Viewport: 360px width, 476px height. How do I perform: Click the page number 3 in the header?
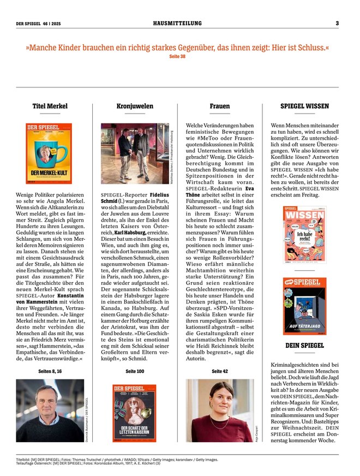tap(337, 23)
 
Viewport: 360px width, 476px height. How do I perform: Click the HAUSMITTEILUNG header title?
tap(177, 23)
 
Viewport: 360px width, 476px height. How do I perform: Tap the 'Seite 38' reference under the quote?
tap(178, 56)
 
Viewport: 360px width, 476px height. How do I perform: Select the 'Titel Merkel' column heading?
tap(50, 106)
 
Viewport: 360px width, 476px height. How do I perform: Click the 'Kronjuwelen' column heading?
tap(135, 106)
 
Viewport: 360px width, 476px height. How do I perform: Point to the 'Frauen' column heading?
tap(220, 106)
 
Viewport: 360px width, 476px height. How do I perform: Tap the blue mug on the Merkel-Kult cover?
tap(50, 151)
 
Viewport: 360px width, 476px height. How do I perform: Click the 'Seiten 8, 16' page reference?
tap(50, 371)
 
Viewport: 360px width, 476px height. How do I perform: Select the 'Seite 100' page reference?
tap(135, 371)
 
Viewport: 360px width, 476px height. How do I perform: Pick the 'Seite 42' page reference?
tap(220, 371)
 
